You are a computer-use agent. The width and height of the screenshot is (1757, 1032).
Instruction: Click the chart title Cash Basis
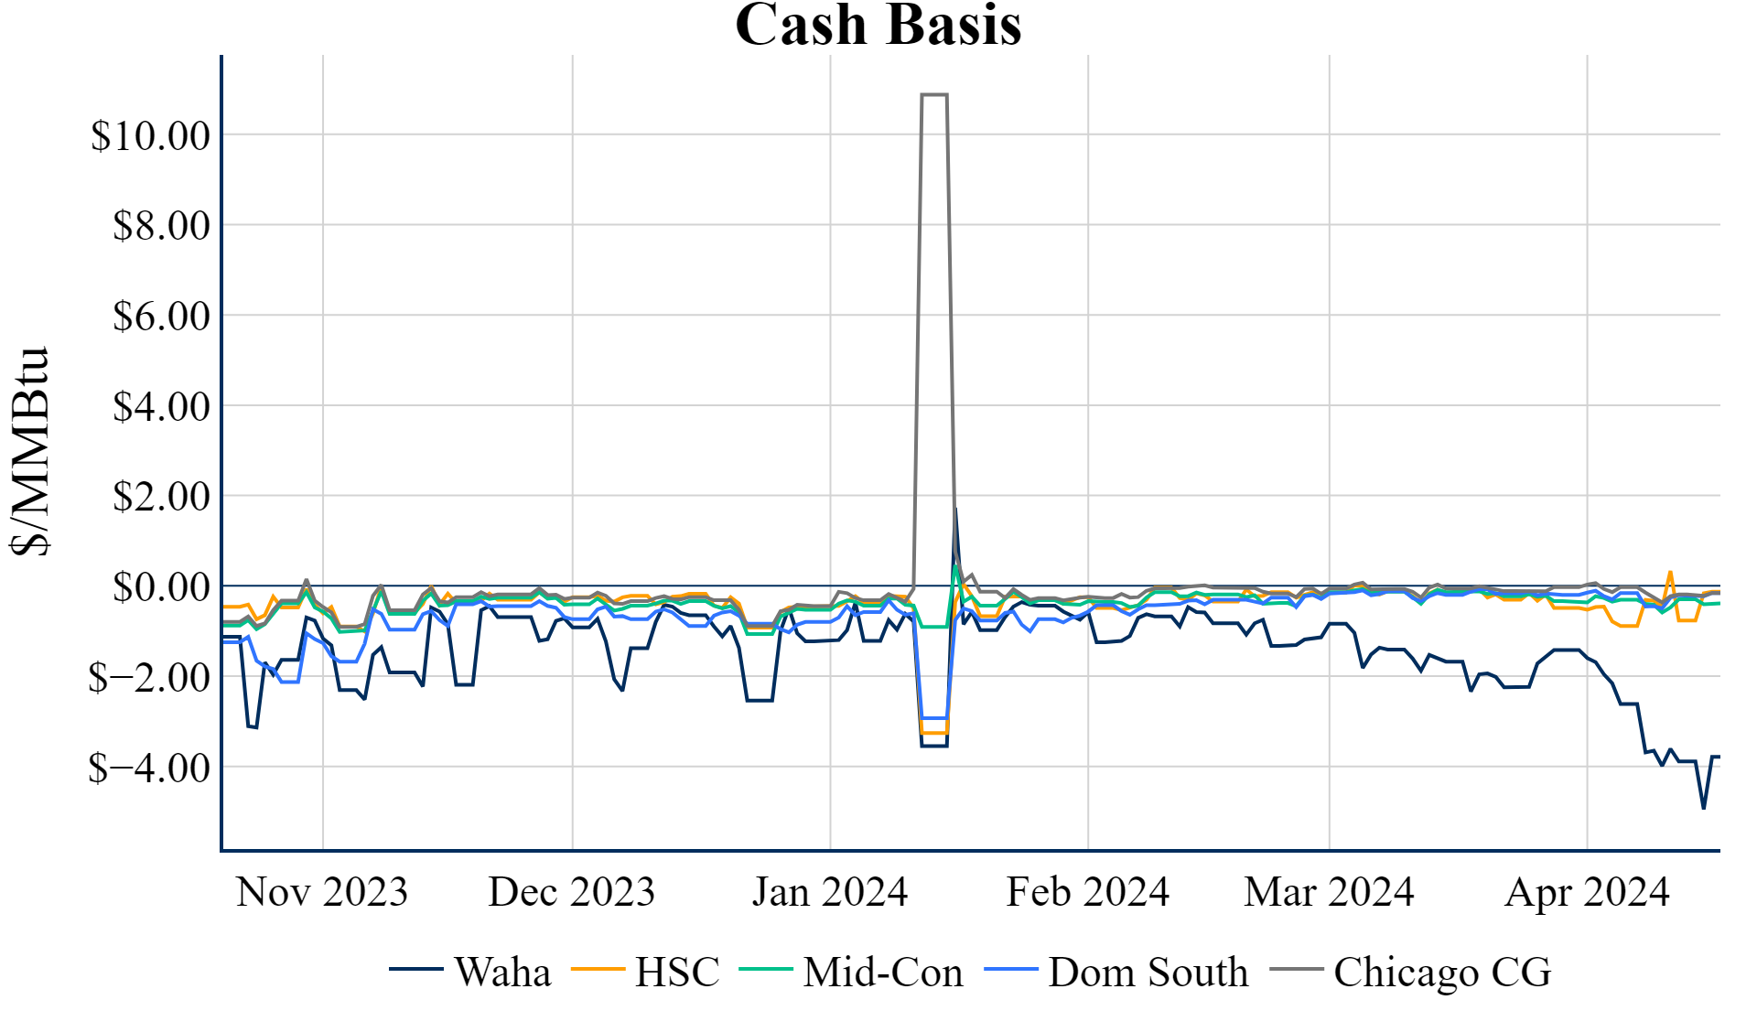(878, 25)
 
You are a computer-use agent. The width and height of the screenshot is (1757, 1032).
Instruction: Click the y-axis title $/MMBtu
(30, 450)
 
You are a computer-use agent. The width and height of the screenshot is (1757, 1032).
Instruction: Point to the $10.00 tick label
(150, 135)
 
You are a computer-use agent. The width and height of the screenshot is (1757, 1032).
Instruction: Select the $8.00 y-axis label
(161, 225)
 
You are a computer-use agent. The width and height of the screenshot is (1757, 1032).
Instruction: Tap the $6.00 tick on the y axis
(161, 316)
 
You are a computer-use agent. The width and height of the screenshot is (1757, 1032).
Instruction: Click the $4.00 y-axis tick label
(161, 406)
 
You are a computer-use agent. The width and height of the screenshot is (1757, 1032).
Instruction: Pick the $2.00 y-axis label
(161, 496)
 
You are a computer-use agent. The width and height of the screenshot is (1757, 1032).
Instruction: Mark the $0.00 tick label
(161, 586)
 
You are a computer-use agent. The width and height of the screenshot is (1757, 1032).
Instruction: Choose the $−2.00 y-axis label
(149, 677)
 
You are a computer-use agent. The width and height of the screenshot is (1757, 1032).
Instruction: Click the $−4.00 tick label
(149, 768)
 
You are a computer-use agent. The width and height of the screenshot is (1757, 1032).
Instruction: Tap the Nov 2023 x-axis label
(322, 892)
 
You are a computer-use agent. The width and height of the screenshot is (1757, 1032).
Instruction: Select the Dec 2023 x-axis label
(572, 892)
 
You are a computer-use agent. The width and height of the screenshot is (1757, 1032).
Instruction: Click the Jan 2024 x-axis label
(830, 892)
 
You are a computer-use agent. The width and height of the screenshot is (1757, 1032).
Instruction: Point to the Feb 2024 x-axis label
(1088, 892)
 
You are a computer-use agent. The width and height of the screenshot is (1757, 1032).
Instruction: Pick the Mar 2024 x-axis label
(1329, 892)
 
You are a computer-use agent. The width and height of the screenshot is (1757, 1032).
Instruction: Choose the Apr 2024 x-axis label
(1587, 892)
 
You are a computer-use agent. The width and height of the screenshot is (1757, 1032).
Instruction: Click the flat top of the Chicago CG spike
(934, 94)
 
